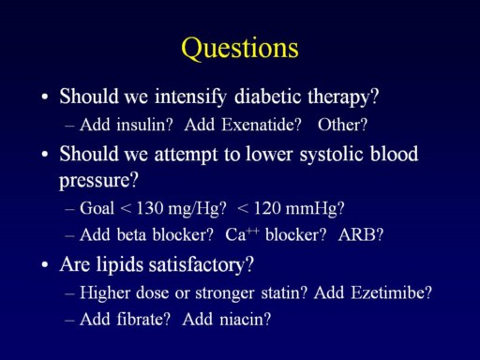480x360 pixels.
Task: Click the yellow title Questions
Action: click(x=240, y=48)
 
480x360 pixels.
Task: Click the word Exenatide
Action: click(x=258, y=125)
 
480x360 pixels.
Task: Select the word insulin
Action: click(x=141, y=125)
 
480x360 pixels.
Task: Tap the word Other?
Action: click(x=342, y=125)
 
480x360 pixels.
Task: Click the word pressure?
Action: click(x=98, y=181)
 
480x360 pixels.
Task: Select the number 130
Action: click(x=150, y=208)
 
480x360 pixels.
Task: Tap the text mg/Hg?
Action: click(x=197, y=209)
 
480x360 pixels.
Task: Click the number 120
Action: click(x=267, y=208)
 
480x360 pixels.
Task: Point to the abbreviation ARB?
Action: click(x=361, y=234)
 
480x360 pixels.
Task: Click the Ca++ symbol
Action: click(x=242, y=234)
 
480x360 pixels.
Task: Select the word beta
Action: click(x=131, y=234)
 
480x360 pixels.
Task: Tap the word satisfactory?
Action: click(x=201, y=265)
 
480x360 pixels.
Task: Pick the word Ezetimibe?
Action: click(x=391, y=292)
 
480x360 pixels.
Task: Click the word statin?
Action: click(x=284, y=292)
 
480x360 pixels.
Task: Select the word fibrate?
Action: click(x=143, y=319)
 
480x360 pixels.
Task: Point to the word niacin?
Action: click(x=245, y=319)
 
